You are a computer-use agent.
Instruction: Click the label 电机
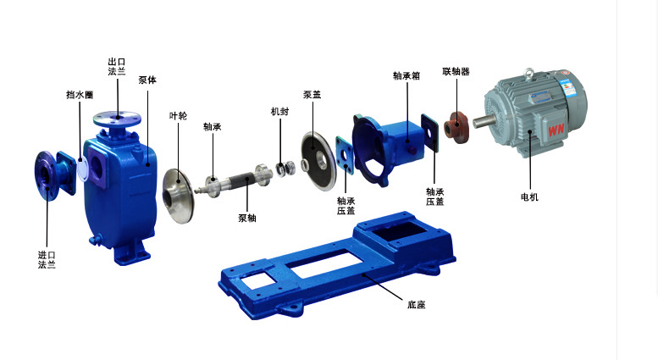coord(529,197)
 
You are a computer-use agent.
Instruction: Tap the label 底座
coord(417,305)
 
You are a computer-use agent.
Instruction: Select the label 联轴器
coord(456,71)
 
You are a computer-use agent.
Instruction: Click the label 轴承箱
coord(406,75)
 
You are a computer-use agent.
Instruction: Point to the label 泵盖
coord(312,95)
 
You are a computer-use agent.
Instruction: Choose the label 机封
coord(280,112)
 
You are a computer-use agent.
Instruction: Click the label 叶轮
coord(178,116)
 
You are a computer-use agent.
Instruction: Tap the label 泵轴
coord(247,219)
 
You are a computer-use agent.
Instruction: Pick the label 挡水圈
coord(80,95)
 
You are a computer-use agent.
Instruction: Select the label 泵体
coord(147,80)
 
